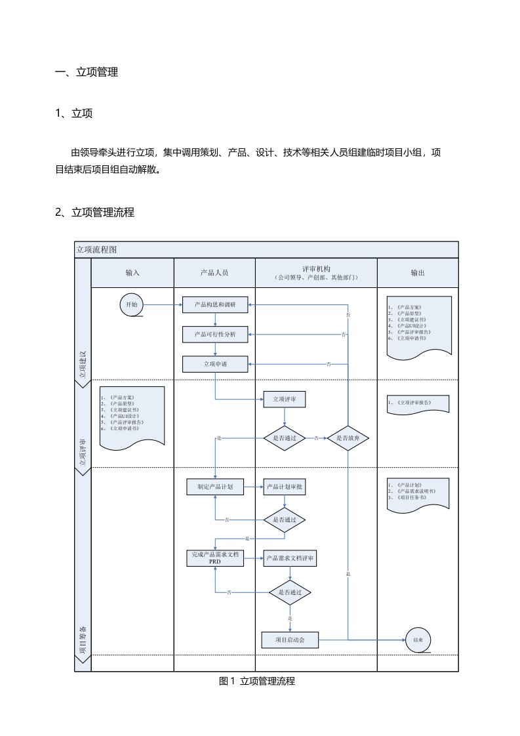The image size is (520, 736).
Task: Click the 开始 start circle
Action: point(130,305)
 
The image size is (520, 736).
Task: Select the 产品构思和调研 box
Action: point(214,305)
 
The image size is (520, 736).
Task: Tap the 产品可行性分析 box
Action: point(214,335)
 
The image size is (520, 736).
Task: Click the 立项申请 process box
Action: point(214,363)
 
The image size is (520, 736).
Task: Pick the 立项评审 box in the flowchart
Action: point(284,398)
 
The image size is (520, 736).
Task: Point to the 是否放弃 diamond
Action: point(348,438)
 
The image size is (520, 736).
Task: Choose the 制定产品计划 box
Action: point(214,487)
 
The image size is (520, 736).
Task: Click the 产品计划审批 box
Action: point(284,487)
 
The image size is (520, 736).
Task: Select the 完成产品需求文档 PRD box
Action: point(214,558)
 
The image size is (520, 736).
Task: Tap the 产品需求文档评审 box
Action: point(289,558)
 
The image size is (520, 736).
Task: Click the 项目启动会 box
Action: point(289,639)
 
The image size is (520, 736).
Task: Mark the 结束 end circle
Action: point(418,640)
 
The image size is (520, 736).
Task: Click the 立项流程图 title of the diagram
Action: point(96,250)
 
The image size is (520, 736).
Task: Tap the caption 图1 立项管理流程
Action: point(257,682)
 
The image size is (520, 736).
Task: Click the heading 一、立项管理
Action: point(87,73)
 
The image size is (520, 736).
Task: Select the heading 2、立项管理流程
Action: point(95,212)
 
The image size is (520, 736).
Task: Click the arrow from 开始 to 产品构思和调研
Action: point(162,305)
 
